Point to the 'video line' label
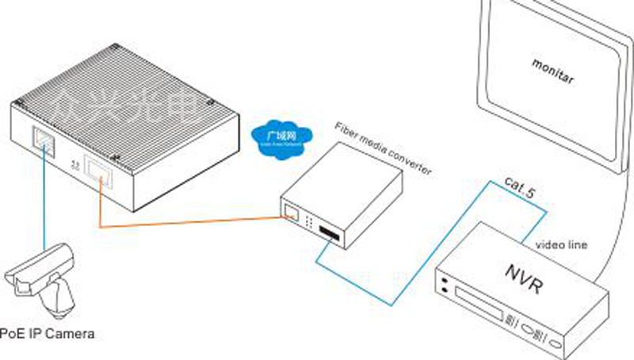pyautogui.click(x=561, y=245)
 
